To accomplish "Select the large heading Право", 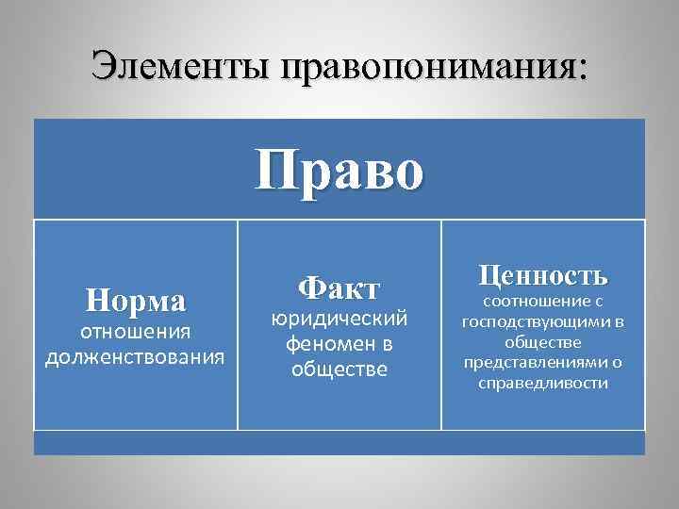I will tap(339, 171).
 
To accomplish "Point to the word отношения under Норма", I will tap(136, 332).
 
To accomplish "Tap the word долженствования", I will tap(136, 357).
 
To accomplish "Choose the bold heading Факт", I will tap(339, 287).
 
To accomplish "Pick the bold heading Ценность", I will tap(542, 276).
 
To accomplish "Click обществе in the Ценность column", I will tap(542, 343).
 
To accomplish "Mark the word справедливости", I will tap(542, 384).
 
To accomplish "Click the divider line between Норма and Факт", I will tap(238, 325).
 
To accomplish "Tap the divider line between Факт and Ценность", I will tap(441, 325).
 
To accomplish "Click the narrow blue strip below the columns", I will tap(339, 443).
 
